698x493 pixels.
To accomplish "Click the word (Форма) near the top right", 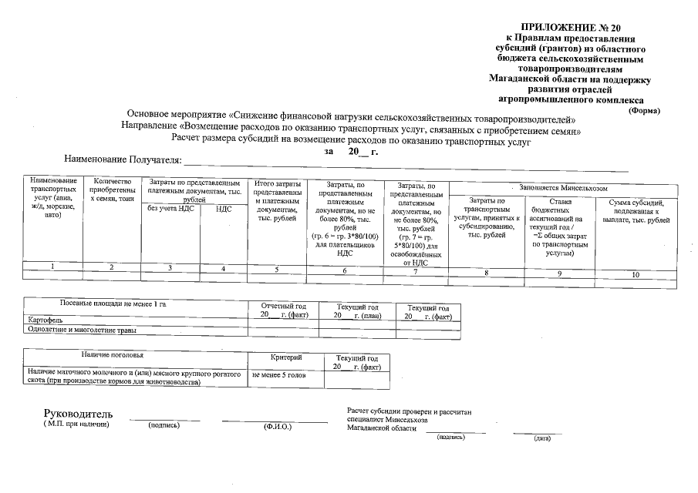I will [644, 110].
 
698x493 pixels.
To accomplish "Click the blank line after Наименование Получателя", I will [405, 162].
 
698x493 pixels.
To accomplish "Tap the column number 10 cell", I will [636, 274].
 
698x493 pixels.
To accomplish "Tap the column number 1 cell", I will [52, 266].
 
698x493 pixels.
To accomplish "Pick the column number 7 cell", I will [415, 271].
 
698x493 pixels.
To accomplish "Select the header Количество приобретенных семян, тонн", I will [112, 189].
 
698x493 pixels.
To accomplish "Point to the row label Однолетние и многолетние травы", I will [82, 330].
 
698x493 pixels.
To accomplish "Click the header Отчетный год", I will [282, 307].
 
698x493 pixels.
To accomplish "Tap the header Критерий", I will [286, 358].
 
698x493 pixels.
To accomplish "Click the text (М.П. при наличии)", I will [76, 424].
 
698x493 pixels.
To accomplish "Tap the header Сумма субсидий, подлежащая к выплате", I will [636, 211].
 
